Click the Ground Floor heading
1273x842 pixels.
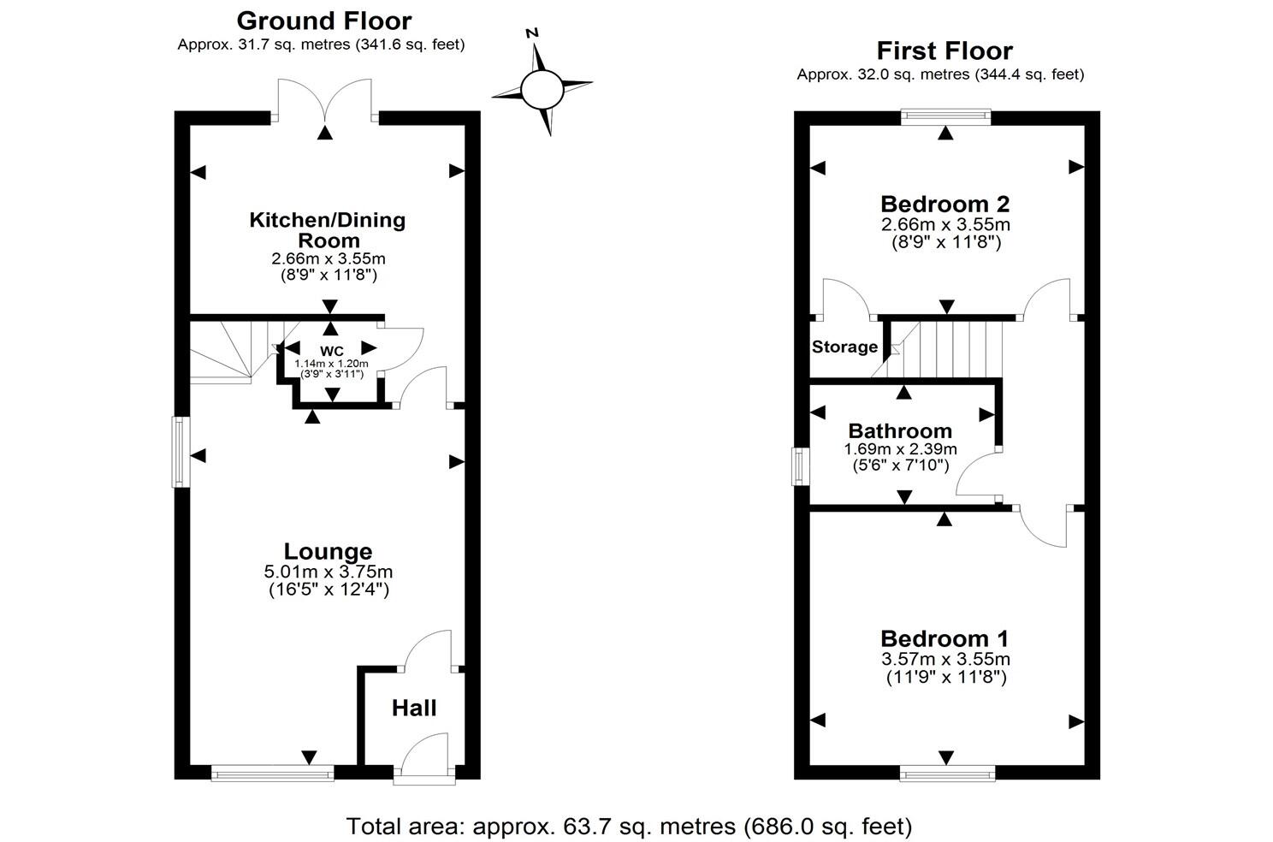[x=323, y=21]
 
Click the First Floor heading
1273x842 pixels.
[x=944, y=51]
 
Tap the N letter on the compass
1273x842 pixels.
[x=532, y=33]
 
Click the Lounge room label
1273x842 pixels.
[x=328, y=552]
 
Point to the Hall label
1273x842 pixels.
[x=414, y=709]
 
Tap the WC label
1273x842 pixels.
[x=331, y=352]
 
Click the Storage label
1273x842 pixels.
[x=844, y=347]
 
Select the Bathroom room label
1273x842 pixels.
[x=900, y=431]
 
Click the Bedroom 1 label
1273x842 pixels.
[x=944, y=638]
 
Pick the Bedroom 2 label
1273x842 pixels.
[x=944, y=205]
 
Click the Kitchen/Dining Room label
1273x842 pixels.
[x=328, y=230]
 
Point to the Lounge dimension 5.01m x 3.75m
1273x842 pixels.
[x=329, y=572]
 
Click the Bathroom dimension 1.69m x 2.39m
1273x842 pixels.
[x=900, y=449]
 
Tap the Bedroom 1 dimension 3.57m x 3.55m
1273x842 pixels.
[x=944, y=659]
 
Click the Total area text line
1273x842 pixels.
[x=629, y=827]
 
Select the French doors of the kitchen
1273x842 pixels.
[x=324, y=101]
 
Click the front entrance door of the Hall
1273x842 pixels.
[x=425, y=760]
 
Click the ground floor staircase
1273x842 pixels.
[x=227, y=351]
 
